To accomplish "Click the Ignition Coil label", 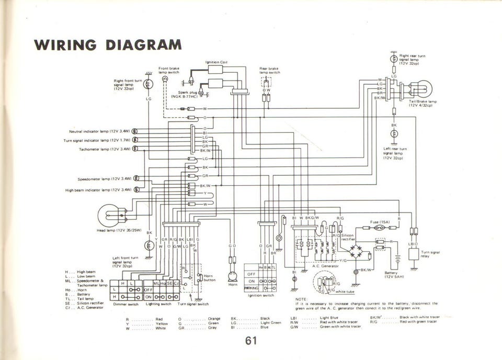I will (216, 63).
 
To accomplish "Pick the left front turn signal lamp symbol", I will (149, 244).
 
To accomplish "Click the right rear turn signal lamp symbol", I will (394, 58).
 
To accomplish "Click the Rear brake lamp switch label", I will (270, 70).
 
